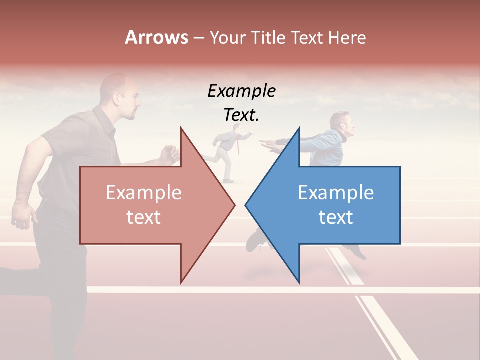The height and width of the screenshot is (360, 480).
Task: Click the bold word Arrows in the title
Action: (x=156, y=37)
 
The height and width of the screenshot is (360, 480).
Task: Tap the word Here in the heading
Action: (x=347, y=37)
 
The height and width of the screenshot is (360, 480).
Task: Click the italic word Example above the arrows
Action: (x=241, y=91)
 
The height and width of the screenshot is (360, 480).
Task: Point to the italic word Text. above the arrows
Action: (x=241, y=115)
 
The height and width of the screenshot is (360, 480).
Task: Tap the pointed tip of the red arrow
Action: (x=234, y=205)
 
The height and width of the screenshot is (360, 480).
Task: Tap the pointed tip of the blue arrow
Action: (x=247, y=205)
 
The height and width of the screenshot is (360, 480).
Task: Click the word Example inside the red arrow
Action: (x=143, y=193)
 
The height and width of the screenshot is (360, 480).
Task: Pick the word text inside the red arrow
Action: (x=143, y=217)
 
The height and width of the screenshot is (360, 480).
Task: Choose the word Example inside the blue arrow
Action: (x=336, y=193)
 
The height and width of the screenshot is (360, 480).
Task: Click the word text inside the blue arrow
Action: (x=336, y=217)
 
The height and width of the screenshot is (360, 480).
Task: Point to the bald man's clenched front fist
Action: (x=170, y=153)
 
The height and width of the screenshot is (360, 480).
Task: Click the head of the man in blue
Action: (x=341, y=125)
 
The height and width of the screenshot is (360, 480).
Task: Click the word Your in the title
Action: (x=226, y=37)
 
